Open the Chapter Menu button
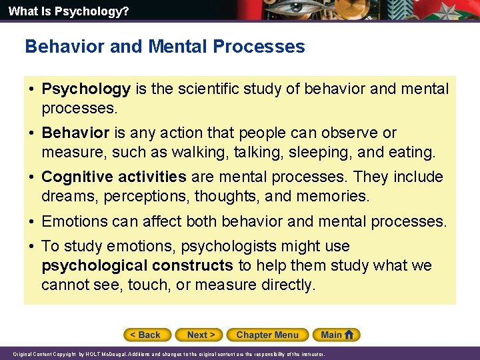[x=267, y=335]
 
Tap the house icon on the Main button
[x=349, y=335]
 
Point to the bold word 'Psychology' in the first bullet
[x=86, y=89]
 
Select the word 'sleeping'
[x=315, y=152]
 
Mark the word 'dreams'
[x=67, y=196]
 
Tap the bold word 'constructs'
[x=193, y=265]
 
